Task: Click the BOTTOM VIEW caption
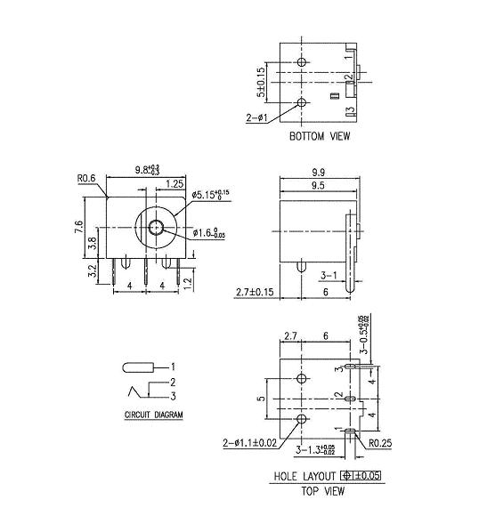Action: click(x=320, y=137)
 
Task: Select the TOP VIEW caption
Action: click(x=321, y=490)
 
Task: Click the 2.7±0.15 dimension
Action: click(x=255, y=291)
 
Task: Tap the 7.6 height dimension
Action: click(x=79, y=228)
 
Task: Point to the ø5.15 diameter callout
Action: click(x=211, y=193)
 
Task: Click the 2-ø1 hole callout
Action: click(x=257, y=117)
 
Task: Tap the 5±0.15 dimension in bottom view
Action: click(x=261, y=82)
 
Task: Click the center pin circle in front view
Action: click(x=158, y=229)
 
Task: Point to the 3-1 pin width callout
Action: click(x=327, y=276)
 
